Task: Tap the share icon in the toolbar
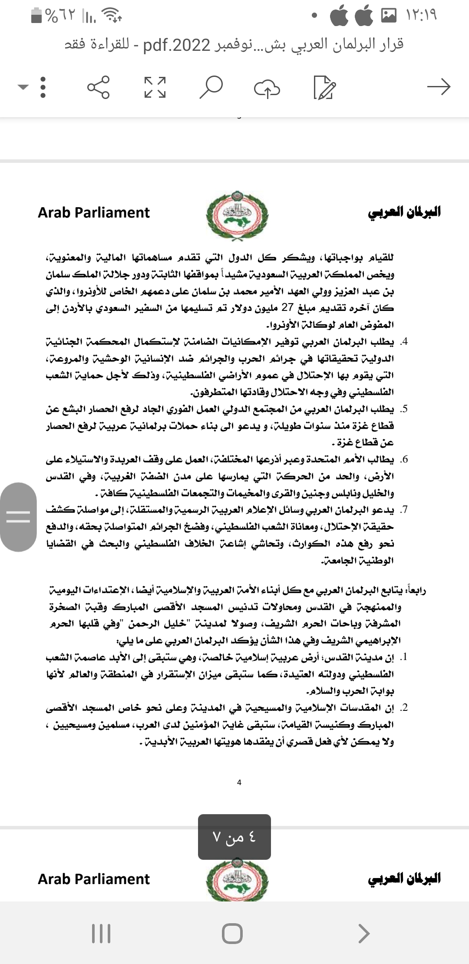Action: click(99, 87)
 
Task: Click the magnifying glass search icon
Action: click(211, 87)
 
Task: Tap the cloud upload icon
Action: click(267, 88)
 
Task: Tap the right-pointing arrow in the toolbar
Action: click(439, 87)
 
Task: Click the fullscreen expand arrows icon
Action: click(155, 87)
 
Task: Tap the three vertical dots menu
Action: click(43, 87)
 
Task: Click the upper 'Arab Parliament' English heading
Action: click(94, 212)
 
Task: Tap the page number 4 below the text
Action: click(239, 782)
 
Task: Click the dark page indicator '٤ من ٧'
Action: click(234, 837)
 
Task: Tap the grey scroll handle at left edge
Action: click(18, 517)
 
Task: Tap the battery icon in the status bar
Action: click(37, 16)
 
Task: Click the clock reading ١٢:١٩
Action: click(421, 16)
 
